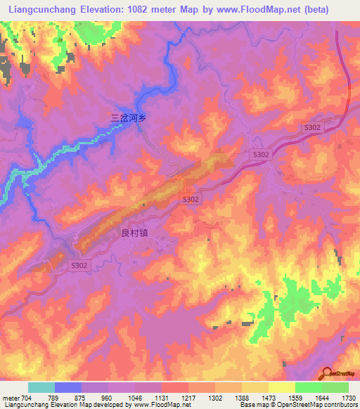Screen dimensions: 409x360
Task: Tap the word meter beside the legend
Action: [x=11, y=397]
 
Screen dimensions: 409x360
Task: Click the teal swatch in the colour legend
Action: [x=41, y=387]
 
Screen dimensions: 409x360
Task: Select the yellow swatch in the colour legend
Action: [x=282, y=387]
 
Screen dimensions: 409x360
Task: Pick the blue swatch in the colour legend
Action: [x=68, y=387]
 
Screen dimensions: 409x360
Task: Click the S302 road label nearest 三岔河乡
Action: [x=259, y=154]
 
